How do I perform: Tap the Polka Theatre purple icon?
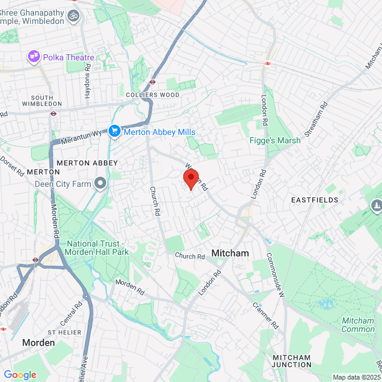[x=34, y=57]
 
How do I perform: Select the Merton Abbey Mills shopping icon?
[x=115, y=131]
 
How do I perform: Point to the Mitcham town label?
[x=230, y=253]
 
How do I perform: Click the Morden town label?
[x=38, y=343]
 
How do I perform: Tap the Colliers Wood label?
[x=152, y=94]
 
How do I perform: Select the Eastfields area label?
[x=315, y=200]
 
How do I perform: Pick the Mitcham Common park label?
[x=358, y=325]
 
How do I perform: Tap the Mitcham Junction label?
[x=291, y=361]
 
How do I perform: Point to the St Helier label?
[x=64, y=332]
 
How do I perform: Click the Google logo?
[x=20, y=375]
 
